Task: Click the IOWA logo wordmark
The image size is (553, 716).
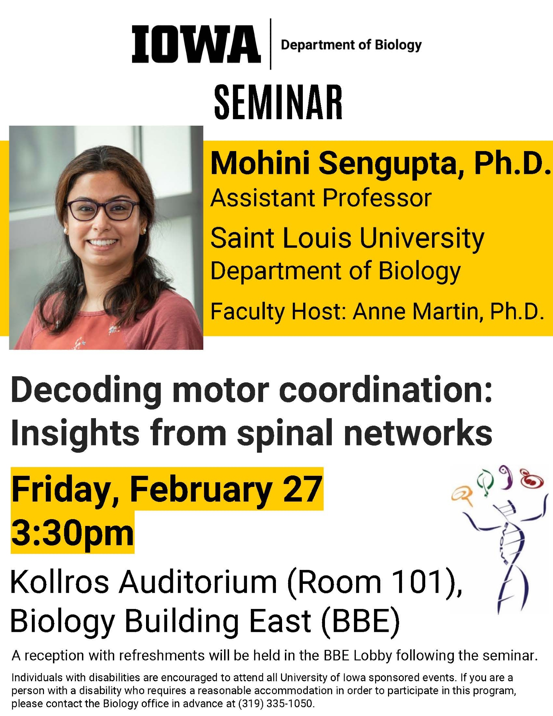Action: click(x=196, y=44)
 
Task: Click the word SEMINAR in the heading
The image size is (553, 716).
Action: click(x=278, y=102)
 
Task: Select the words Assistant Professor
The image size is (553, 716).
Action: click(x=321, y=198)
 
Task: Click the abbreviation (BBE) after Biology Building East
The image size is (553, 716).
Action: click(x=360, y=621)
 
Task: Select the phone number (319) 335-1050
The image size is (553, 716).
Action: click(x=276, y=703)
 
